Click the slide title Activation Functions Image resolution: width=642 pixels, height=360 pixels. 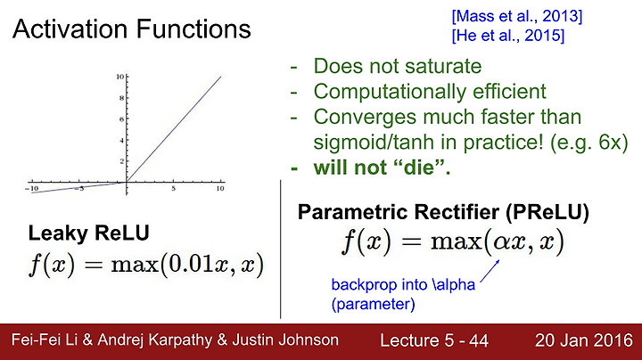[x=131, y=29]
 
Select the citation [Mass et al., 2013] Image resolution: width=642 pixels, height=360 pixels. [x=516, y=16]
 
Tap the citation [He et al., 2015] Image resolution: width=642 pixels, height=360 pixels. [x=507, y=36]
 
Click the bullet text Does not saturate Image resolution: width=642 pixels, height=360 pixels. [x=397, y=66]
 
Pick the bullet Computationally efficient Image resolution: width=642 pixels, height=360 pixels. [x=430, y=92]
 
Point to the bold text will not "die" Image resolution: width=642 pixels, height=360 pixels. [x=382, y=168]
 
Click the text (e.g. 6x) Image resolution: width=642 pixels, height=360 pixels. [x=588, y=143]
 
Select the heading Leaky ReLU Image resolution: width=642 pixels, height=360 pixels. [x=88, y=233]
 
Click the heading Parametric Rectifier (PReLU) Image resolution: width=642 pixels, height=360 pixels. [x=443, y=212]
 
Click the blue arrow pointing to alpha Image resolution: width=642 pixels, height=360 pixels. [x=490, y=270]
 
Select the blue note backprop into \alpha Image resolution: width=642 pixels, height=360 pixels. [x=403, y=284]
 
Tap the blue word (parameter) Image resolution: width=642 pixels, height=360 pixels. [x=373, y=304]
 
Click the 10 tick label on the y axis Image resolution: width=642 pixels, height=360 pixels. [x=120, y=77]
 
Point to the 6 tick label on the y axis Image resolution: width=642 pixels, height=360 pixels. [x=121, y=119]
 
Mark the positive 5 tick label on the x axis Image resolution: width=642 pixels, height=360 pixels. [x=174, y=189]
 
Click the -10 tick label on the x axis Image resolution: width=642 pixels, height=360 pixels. [x=31, y=189]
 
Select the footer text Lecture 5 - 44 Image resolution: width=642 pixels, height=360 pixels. [x=434, y=340]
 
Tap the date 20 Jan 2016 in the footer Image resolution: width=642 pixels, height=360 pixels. [x=584, y=340]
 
